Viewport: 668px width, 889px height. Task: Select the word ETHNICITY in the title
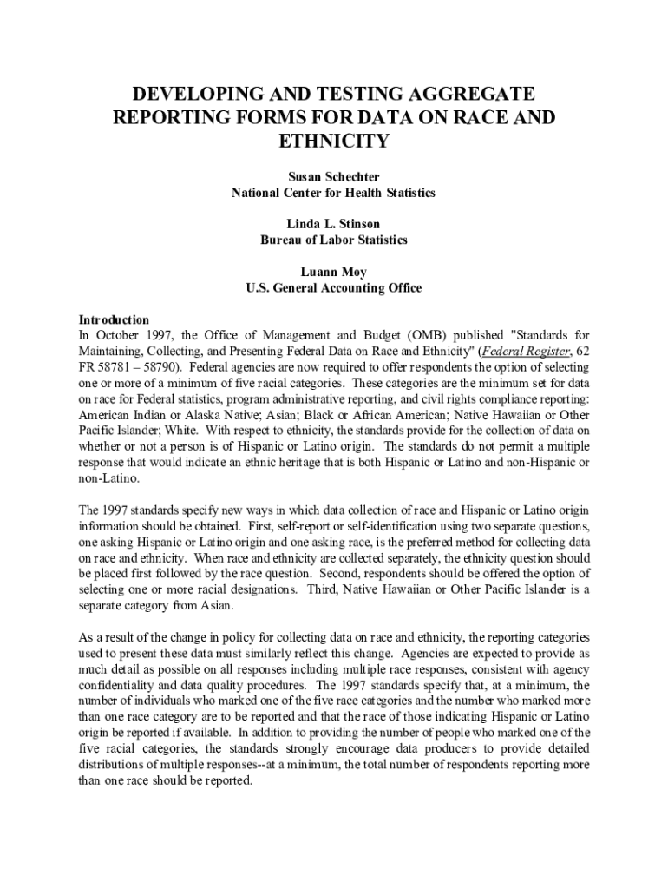coord(334,141)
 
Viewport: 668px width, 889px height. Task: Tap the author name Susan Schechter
coord(334,176)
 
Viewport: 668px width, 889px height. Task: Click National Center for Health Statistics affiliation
coord(334,192)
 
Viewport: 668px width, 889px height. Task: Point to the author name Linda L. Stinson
coord(334,224)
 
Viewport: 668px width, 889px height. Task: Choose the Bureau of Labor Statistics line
coord(334,240)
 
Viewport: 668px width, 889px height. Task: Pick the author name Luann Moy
coord(334,272)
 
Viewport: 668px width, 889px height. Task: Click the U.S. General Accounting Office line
coord(334,287)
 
